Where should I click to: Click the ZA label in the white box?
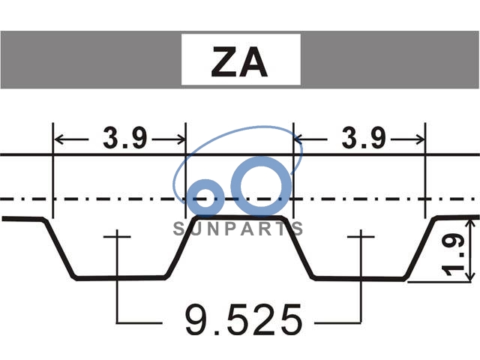tap(239, 61)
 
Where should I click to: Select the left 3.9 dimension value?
tap(125, 138)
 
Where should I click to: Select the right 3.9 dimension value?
tap(364, 138)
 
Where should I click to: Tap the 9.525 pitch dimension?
tap(244, 319)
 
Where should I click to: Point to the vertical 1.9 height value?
tap(453, 255)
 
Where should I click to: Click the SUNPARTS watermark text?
tap(238, 229)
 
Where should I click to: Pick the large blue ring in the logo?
tap(261, 186)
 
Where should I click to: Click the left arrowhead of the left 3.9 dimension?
tap(58, 139)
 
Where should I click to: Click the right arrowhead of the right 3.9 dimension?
tap(420, 139)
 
